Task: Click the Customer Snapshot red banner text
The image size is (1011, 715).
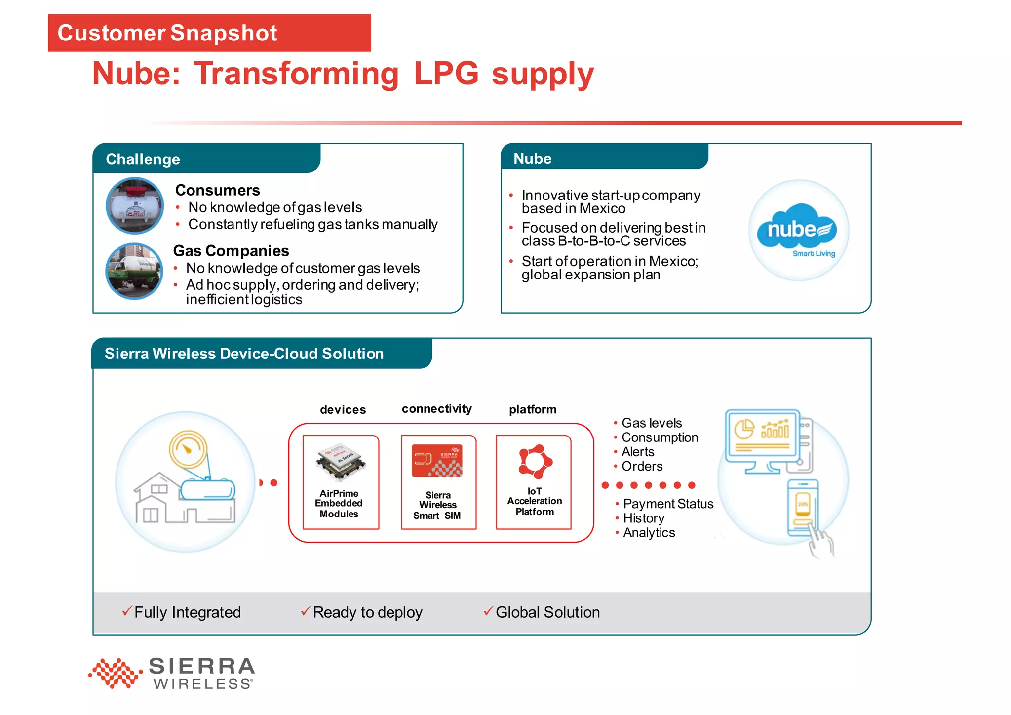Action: [167, 33]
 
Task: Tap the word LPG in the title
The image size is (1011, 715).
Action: [446, 74]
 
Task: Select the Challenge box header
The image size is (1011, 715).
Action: [143, 159]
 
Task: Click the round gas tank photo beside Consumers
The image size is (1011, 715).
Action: [135, 205]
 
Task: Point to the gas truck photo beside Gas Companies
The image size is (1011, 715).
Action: [134, 271]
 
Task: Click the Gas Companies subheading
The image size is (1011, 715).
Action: [231, 251]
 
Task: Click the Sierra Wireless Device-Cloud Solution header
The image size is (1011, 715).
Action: [244, 354]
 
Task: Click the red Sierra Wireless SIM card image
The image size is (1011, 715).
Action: [437, 460]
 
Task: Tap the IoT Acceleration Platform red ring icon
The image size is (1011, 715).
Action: [535, 461]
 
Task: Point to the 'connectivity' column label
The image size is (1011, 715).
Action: [436, 409]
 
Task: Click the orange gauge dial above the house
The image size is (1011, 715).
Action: [188, 449]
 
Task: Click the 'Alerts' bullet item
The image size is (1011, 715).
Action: [637, 452]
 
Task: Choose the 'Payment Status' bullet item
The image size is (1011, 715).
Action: [668, 504]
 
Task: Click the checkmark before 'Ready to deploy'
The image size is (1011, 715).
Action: [306, 611]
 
